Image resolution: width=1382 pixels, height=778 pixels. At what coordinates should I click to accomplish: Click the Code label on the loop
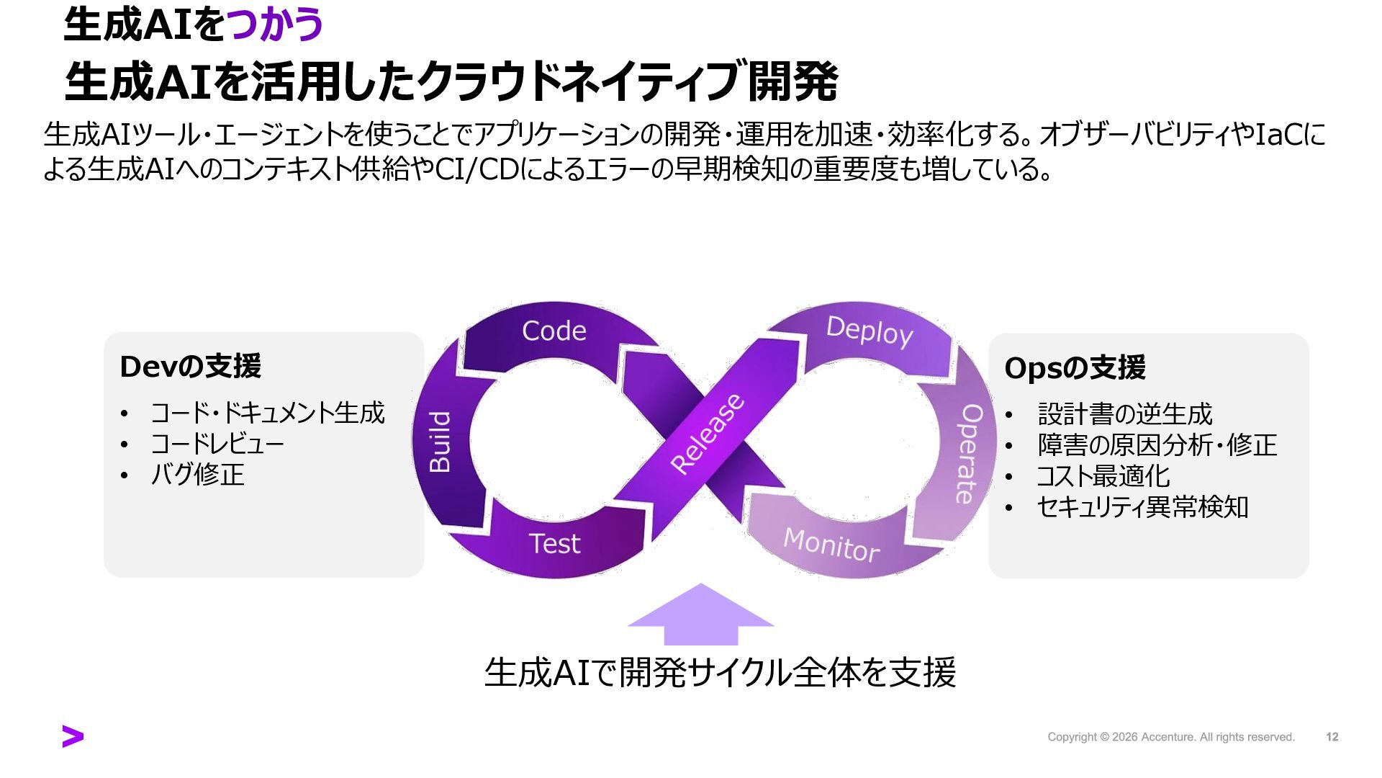(x=554, y=331)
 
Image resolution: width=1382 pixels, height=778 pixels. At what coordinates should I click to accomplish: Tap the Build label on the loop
(x=440, y=442)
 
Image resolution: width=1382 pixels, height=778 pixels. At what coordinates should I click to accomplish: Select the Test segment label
(x=554, y=543)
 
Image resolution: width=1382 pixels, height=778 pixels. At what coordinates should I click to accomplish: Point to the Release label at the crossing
(x=707, y=434)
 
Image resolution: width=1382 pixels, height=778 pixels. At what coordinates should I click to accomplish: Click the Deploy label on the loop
(x=870, y=331)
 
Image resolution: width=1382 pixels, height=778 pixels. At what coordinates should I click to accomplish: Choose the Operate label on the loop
(x=969, y=453)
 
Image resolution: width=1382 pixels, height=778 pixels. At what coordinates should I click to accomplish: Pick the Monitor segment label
(x=831, y=545)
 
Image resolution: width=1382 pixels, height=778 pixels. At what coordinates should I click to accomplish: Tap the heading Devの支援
(x=190, y=367)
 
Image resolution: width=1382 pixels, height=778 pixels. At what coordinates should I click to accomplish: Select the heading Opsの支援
(x=1075, y=368)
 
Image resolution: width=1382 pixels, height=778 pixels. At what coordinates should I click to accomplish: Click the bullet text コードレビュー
(x=217, y=444)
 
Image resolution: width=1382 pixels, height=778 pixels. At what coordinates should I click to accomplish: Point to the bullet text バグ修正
(x=197, y=475)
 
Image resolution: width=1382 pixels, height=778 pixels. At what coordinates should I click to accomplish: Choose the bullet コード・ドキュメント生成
(x=267, y=413)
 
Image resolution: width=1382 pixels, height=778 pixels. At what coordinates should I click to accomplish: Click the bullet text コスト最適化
(x=1103, y=476)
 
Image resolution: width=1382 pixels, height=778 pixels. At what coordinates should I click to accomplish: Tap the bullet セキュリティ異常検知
(x=1142, y=507)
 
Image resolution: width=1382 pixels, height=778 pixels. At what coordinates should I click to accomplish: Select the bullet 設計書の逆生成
(x=1125, y=414)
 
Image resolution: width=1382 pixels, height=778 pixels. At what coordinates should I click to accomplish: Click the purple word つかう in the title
(x=275, y=24)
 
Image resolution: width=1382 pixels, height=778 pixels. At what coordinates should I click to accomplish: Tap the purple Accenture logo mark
(x=73, y=736)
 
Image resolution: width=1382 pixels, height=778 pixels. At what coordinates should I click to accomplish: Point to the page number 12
(x=1332, y=737)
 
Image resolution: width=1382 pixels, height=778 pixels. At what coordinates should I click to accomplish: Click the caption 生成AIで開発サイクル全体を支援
(x=720, y=672)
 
